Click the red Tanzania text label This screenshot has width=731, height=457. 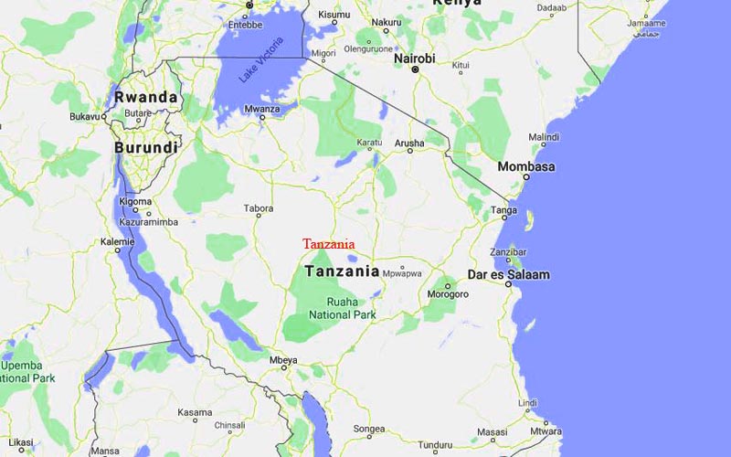coord(328,244)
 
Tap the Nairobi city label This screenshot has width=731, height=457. coord(414,58)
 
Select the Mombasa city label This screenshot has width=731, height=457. coord(525,167)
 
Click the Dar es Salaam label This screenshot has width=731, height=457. coord(510,274)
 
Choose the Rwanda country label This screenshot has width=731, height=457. coord(144,97)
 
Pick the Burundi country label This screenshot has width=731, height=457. coord(145,147)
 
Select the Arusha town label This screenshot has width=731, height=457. coord(408,143)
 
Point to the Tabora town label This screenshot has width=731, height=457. coord(259,208)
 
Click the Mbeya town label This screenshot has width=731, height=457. coord(283,359)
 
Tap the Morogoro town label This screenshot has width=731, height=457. coord(448,294)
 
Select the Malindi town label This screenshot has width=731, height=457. coord(543,137)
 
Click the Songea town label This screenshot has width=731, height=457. coord(369,428)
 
